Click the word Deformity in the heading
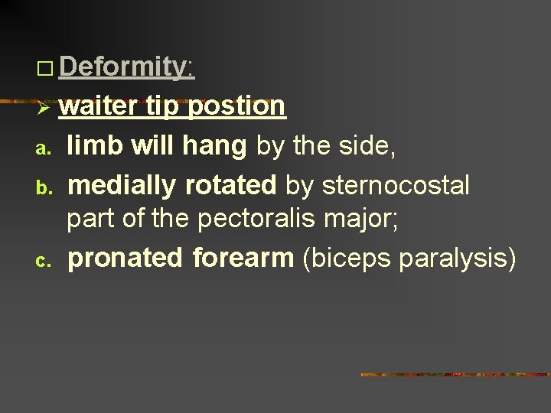[123, 67]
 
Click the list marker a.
[44, 145]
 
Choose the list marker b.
[44, 184]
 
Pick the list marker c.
[44, 260]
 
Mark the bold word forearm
[243, 259]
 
